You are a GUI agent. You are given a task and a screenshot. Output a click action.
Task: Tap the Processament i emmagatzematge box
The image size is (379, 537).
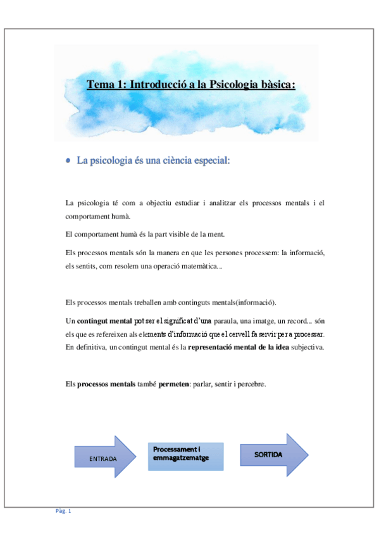pyautogui.click(x=185, y=456)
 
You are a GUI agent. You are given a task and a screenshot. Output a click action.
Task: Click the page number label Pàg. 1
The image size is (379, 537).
pyautogui.click(x=63, y=511)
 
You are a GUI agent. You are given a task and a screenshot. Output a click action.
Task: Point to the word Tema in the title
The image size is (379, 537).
pyautogui.click(x=99, y=84)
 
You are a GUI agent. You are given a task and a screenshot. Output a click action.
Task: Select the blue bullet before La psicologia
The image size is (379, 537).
pyautogui.click(x=68, y=161)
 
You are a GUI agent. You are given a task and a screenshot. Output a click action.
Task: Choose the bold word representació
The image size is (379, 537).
pyautogui.click(x=209, y=348)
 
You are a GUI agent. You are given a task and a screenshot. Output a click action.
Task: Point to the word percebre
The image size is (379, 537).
pyautogui.click(x=251, y=383)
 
